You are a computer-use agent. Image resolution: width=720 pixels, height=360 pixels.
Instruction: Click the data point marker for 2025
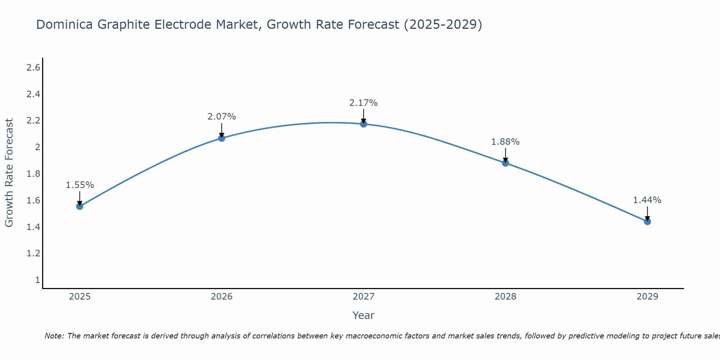[x=80, y=206]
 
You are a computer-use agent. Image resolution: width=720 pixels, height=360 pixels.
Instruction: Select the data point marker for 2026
[x=222, y=138]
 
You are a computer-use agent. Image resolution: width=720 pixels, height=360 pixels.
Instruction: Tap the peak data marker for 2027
[x=364, y=124]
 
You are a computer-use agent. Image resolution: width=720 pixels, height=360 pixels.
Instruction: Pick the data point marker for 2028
[x=505, y=163]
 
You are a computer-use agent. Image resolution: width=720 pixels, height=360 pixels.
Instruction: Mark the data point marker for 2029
[x=647, y=221]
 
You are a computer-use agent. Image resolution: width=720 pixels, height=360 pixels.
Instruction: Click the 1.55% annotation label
[x=80, y=185]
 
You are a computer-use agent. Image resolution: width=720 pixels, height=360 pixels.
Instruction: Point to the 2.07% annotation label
[x=222, y=117]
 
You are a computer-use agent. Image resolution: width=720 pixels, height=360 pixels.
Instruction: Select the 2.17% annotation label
[x=364, y=103]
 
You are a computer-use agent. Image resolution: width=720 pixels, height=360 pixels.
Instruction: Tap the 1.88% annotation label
[x=505, y=142]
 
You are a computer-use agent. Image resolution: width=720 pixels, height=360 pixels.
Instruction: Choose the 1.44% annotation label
[x=647, y=200]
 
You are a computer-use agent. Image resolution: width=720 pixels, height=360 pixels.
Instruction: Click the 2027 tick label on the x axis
[x=364, y=297]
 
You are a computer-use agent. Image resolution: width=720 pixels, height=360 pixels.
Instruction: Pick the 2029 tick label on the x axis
[x=647, y=297]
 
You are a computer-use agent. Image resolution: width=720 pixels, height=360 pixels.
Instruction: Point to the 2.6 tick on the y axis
[x=33, y=67]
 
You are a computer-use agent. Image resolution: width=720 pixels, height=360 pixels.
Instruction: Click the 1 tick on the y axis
[x=37, y=280]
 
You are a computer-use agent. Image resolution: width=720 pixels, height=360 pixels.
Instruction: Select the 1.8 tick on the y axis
[x=33, y=174]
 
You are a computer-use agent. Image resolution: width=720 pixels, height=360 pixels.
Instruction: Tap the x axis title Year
[x=364, y=315]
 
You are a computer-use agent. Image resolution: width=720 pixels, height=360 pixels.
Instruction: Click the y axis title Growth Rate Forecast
[x=9, y=173]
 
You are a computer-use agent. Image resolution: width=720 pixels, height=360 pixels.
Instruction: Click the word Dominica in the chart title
[x=65, y=24]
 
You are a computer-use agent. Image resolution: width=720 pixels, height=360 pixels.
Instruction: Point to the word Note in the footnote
[x=54, y=336]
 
